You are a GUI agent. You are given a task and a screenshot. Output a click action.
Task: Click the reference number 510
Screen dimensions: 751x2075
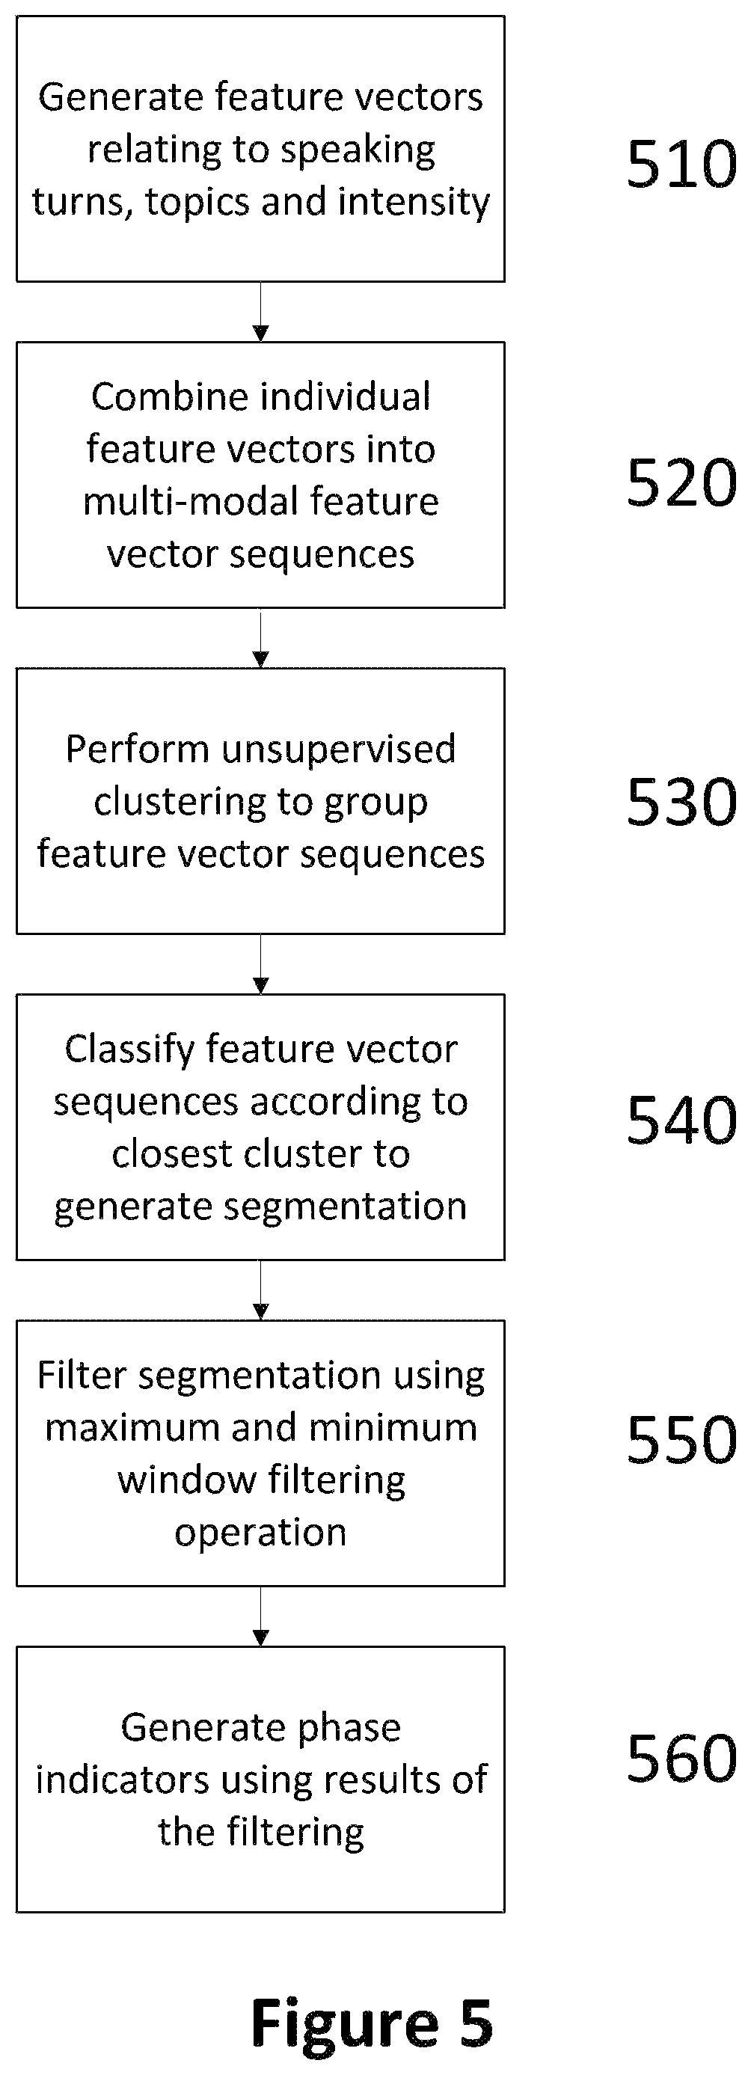point(681,165)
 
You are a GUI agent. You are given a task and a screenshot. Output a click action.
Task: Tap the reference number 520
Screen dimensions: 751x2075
point(681,482)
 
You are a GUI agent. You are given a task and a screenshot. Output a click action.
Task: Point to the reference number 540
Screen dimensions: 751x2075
point(681,1120)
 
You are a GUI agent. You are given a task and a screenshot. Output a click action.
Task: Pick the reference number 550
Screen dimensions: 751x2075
point(681,1438)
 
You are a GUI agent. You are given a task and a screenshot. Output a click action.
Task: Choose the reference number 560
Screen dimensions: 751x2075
point(681,1758)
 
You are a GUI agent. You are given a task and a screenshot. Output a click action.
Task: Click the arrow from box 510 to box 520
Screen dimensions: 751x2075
point(260,312)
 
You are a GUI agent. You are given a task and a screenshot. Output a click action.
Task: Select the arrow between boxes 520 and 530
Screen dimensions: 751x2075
point(260,638)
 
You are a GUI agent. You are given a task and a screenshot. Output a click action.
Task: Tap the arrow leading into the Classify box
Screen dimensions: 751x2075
point(260,964)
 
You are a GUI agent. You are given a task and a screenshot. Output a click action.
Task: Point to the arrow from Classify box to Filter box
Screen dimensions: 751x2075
point(260,1290)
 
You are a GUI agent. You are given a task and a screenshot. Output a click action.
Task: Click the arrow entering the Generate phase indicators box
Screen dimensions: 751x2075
point(260,1616)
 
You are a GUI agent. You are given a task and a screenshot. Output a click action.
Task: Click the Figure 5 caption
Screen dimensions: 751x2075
point(372,2023)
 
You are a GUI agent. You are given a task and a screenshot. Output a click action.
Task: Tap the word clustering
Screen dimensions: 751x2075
point(181,803)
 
